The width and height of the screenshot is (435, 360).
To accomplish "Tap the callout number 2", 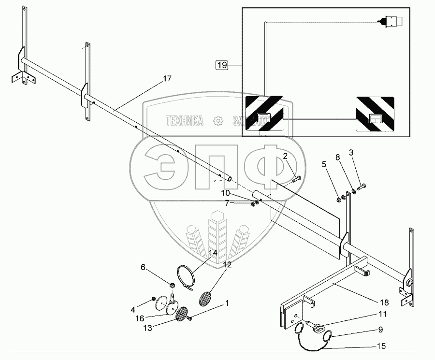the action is tap(285, 156).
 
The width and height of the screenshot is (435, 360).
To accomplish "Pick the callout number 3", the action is tap(351, 153).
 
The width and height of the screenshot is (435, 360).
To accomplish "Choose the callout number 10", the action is tap(226, 193).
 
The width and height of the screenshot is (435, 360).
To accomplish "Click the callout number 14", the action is tap(213, 252).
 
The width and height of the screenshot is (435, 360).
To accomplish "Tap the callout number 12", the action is tap(227, 264).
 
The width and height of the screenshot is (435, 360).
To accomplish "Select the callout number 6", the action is tap(143, 267).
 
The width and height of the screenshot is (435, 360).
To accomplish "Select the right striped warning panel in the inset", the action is tap(375, 115).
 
